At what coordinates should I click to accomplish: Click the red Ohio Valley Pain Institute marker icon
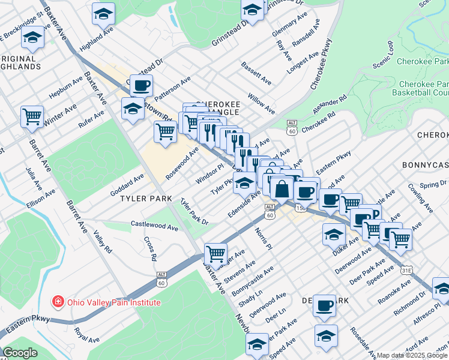click(58, 301)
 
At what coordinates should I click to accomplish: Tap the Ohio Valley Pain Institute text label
click(113, 302)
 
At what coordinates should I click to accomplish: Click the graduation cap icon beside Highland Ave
click(103, 13)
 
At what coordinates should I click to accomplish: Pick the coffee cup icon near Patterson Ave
click(141, 86)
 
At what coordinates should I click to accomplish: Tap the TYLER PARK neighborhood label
click(146, 198)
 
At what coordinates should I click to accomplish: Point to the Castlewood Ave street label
click(155, 227)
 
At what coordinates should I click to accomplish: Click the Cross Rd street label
click(150, 249)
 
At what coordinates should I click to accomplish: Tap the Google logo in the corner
click(20, 353)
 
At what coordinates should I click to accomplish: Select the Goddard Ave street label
click(127, 185)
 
